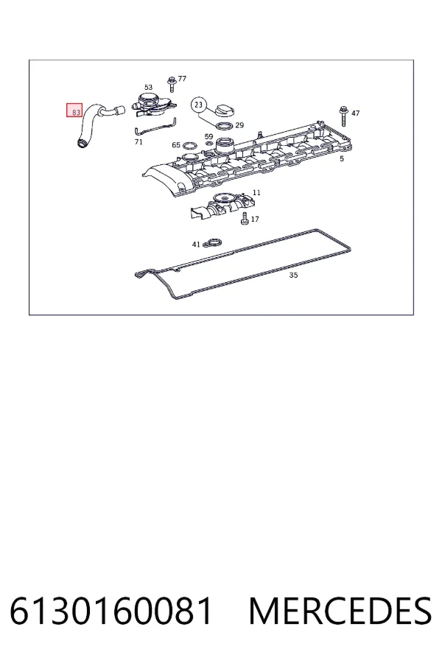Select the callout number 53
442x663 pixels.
point(148,87)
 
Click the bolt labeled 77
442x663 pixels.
point(172,84)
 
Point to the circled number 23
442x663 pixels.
point(199,105)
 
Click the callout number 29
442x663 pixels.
point(239,125)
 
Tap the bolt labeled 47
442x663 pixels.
point(343,116)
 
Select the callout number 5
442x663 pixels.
point(342,158)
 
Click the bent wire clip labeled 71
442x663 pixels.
point(155,127)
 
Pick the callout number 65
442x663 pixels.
point(176,145)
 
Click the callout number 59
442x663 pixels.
point(208,136)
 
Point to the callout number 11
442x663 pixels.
point(256,192)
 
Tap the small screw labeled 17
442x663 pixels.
point(245,219)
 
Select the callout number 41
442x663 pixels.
point(196,245)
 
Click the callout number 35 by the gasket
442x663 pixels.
point(293,275)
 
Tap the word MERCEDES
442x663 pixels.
point(340,611)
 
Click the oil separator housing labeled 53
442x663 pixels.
point(153,104)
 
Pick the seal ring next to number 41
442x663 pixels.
point(212,243)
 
